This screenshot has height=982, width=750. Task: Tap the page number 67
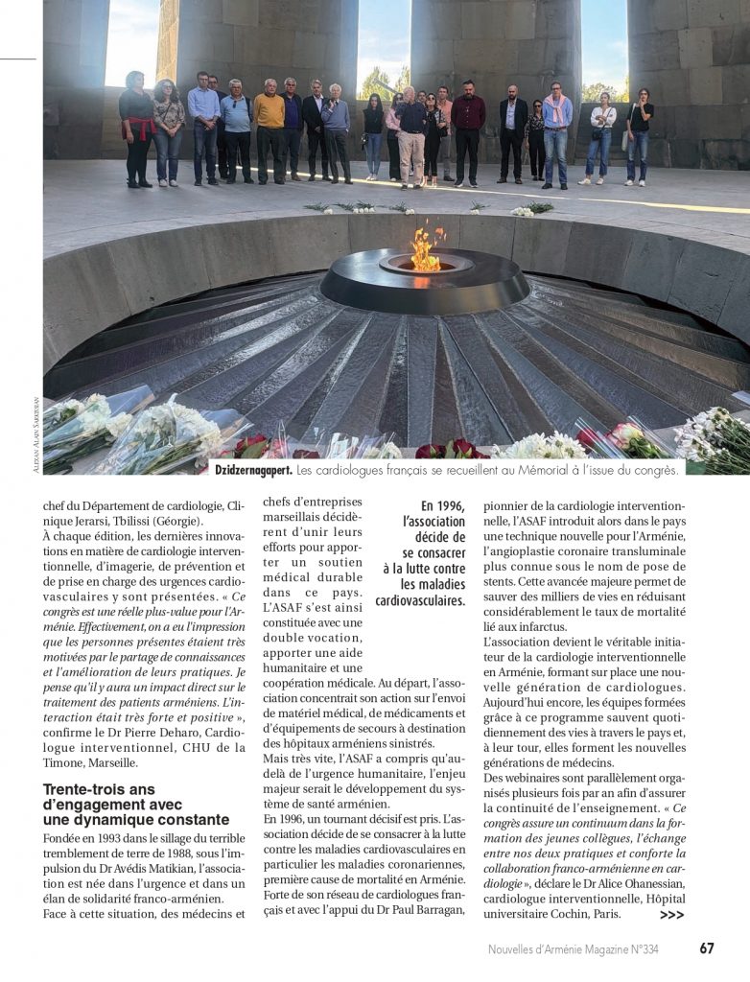pos(707,948)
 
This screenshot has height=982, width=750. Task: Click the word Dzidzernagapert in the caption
pos(253,469)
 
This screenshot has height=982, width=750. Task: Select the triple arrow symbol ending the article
pos(672,915)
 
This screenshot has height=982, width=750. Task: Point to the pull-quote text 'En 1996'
pos(442,505)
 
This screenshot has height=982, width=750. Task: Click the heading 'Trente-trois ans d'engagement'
pos(136,805)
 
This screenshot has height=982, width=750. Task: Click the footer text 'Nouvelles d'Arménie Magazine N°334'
pos(573,949)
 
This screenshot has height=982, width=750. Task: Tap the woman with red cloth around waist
pos(137,125)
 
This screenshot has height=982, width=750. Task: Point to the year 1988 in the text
pos(191,851)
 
